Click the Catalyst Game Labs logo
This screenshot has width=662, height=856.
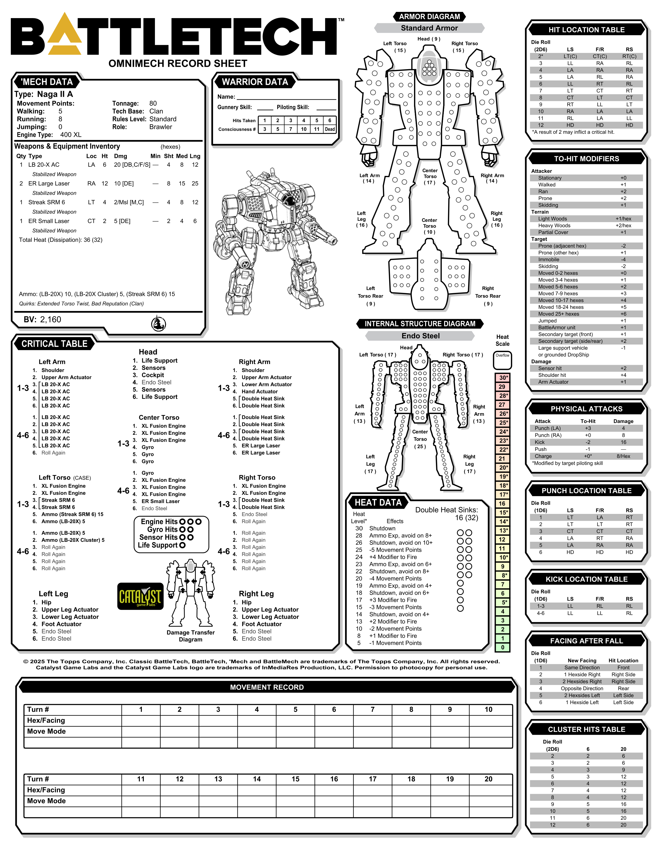(x=140, y=596)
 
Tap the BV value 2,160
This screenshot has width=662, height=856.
(x=51, y=319)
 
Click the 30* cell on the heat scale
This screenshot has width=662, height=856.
(x=502, y=378)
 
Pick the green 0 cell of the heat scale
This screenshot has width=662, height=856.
(x=502, y=647)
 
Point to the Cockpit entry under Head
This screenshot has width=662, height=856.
(x=153, y=375)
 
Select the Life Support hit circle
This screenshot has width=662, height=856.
(x=182, y=545)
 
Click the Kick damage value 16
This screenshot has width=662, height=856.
(x=623, y=442)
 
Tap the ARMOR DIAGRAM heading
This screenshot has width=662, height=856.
(x=429, y=16)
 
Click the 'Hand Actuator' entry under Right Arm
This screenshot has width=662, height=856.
(x=260, y=392)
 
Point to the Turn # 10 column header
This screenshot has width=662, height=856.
(x=488, y=709)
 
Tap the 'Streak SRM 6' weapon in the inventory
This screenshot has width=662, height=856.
(x=47, y=202)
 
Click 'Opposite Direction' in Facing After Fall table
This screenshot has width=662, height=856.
(x=582, y=688)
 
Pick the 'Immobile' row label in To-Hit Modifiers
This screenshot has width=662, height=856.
(x=549, y=259)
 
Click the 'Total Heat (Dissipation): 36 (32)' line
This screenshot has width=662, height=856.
(x=61, y=240)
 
